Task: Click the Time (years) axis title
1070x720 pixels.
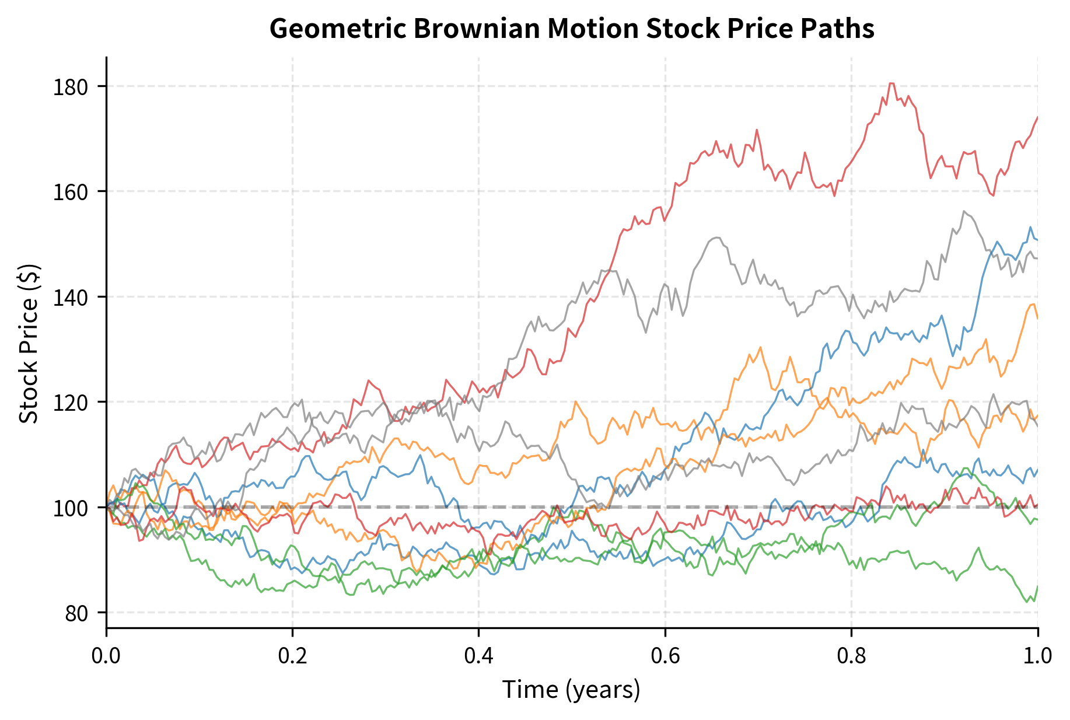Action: [571, 690]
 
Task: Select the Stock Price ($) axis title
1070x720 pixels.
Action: [29, 344]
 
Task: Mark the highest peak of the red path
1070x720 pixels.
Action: [891, 83]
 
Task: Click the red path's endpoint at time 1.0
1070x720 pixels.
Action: [1037, 117]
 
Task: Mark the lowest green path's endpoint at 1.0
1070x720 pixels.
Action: [1037, 586]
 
